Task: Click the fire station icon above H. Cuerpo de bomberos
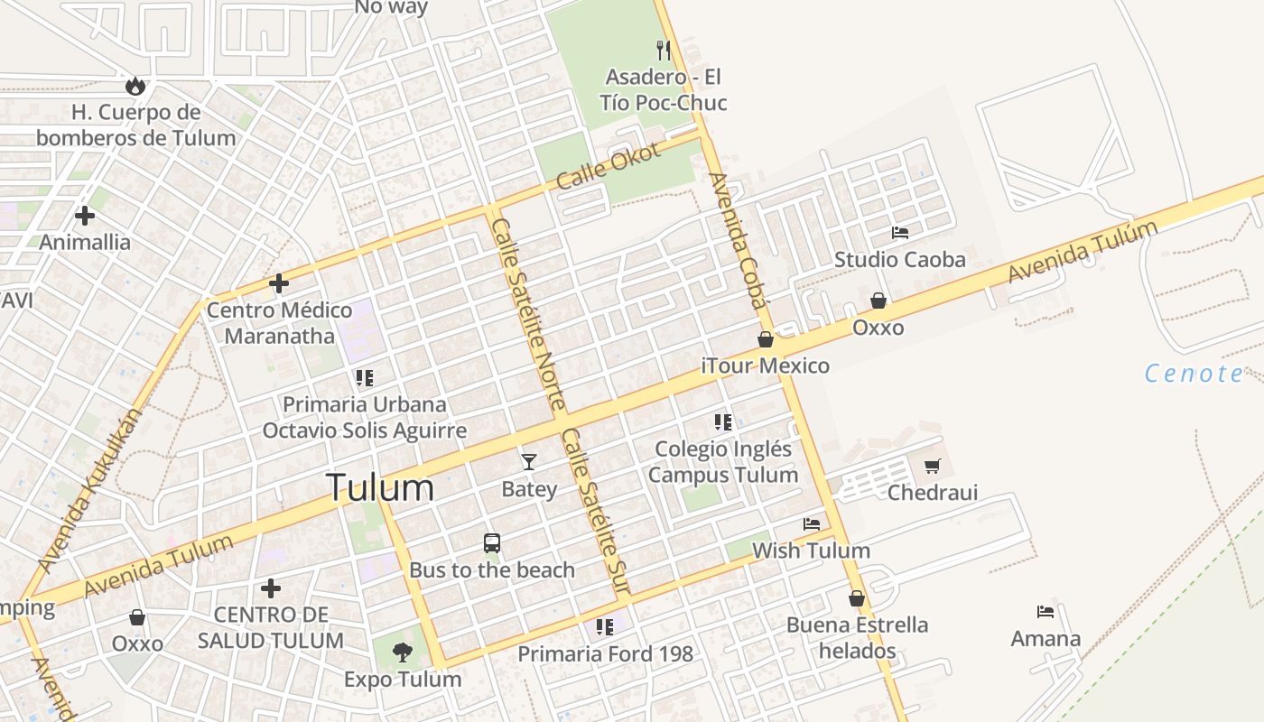click(x=135, y=86)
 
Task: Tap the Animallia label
click(x=85, y=242)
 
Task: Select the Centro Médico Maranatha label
click(x=279, y=323)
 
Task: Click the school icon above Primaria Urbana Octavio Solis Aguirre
click(x=364, y=377)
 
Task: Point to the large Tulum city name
click(x=379, y=487)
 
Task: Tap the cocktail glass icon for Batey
click(x=529, y=462)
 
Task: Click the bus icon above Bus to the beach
click(x=492, y=543)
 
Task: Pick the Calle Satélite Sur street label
click(x=595, y=510)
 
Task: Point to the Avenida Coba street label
click(x=739, y=239)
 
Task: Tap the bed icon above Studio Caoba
click(x=900, y=233)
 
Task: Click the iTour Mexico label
click(x=766, y=366)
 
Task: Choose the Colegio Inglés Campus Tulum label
click(x=723, y=461)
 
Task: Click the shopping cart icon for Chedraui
click(x=933, y=467)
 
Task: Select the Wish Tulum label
click(x=811, y=551)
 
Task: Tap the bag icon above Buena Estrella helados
click(x=857, y=598)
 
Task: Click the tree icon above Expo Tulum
click(x=403, y=652)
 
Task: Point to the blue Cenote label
click(x=1194, y=374)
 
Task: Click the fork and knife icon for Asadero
click(x=664, y=50)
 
